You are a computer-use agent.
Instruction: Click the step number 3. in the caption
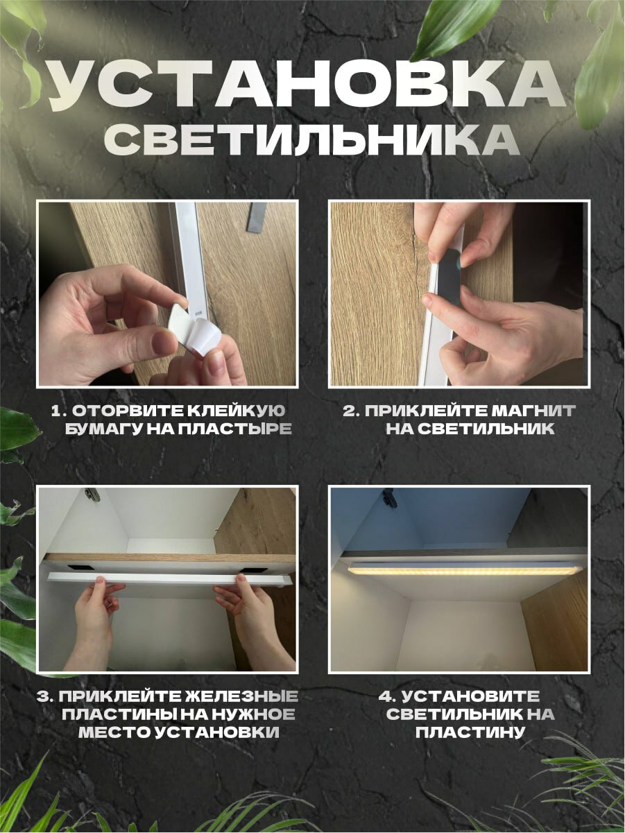(46, 696)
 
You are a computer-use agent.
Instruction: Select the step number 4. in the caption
(388, 696)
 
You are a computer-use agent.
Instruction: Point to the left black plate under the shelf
(80, 568)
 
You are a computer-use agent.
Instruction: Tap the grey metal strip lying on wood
(255, 218)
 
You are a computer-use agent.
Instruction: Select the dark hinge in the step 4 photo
(390, 497)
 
